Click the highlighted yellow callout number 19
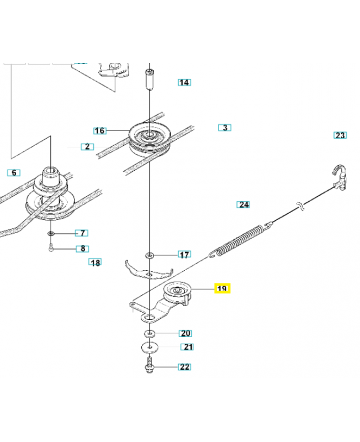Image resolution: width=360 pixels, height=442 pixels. [x=222, y=288]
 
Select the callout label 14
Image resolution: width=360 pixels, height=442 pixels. [x=184, y=82]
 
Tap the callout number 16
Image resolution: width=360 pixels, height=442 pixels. [x=99, y=131]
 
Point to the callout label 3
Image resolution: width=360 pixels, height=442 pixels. [x=225, y=128]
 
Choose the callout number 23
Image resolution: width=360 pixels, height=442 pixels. [x=340, y=135]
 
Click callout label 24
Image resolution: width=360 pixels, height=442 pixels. [x=243, y=204]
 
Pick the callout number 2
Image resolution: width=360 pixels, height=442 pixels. [x=87, y=146]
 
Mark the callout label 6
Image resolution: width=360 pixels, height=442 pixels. [x=13, y=172]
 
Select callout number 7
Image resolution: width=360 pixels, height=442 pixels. [x=81, y=233]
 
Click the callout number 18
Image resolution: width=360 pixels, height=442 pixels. [x=96, y=262]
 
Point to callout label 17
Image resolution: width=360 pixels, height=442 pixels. [x=184, y=255]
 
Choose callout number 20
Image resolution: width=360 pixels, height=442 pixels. [x=185, y=333]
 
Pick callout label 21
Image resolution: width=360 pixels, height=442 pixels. [x=188, y=347]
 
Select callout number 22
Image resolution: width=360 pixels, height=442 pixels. [x=184, y=367]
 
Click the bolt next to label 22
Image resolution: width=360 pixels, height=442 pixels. [x=150, y=366]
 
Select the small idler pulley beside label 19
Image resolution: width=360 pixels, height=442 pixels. [x=178, y=291]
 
